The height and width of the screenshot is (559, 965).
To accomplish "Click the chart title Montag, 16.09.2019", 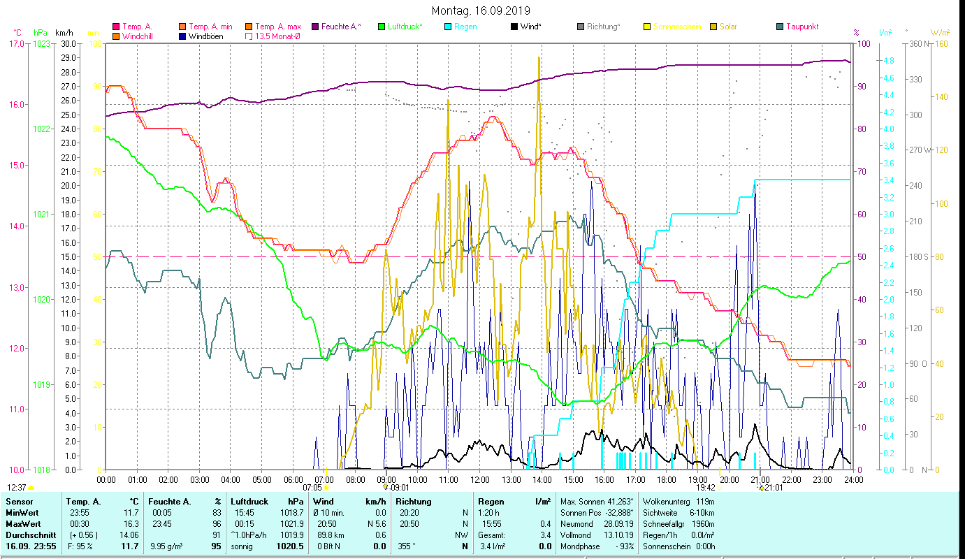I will (481, 10).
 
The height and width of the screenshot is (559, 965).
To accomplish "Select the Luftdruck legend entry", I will (404, 27).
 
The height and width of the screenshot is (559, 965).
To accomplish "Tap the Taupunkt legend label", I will (801, 27).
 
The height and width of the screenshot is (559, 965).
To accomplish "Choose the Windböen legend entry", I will (206, 36).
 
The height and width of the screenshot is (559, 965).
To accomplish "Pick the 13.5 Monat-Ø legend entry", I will (277, 36).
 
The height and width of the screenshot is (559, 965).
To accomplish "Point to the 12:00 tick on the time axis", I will (479, 479).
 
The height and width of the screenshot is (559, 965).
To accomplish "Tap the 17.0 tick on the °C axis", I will (17, 43).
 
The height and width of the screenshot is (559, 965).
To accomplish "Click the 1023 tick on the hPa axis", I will (41, 43).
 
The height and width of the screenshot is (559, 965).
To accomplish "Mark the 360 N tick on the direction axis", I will (922, 43).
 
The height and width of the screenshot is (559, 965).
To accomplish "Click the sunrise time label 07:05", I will (312, 488).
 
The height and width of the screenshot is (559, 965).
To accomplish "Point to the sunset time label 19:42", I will (706, 488).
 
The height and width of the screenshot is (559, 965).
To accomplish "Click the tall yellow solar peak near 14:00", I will (539, 59).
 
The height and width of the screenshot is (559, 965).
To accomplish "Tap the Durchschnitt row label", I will (27, 535).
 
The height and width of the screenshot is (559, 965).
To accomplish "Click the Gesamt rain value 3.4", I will (545, 535).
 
